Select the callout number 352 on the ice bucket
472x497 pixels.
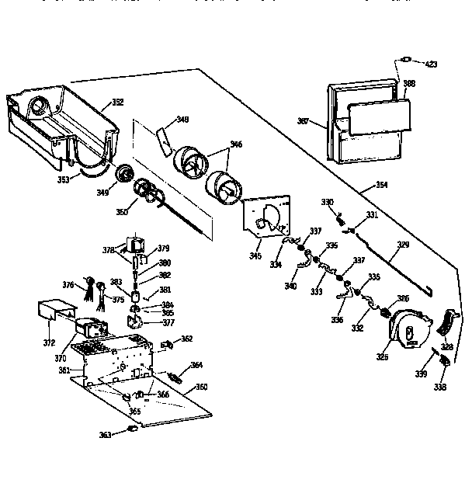(117, 102)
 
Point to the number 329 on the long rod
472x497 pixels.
(401, 245)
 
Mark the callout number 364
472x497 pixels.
(197, 365)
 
